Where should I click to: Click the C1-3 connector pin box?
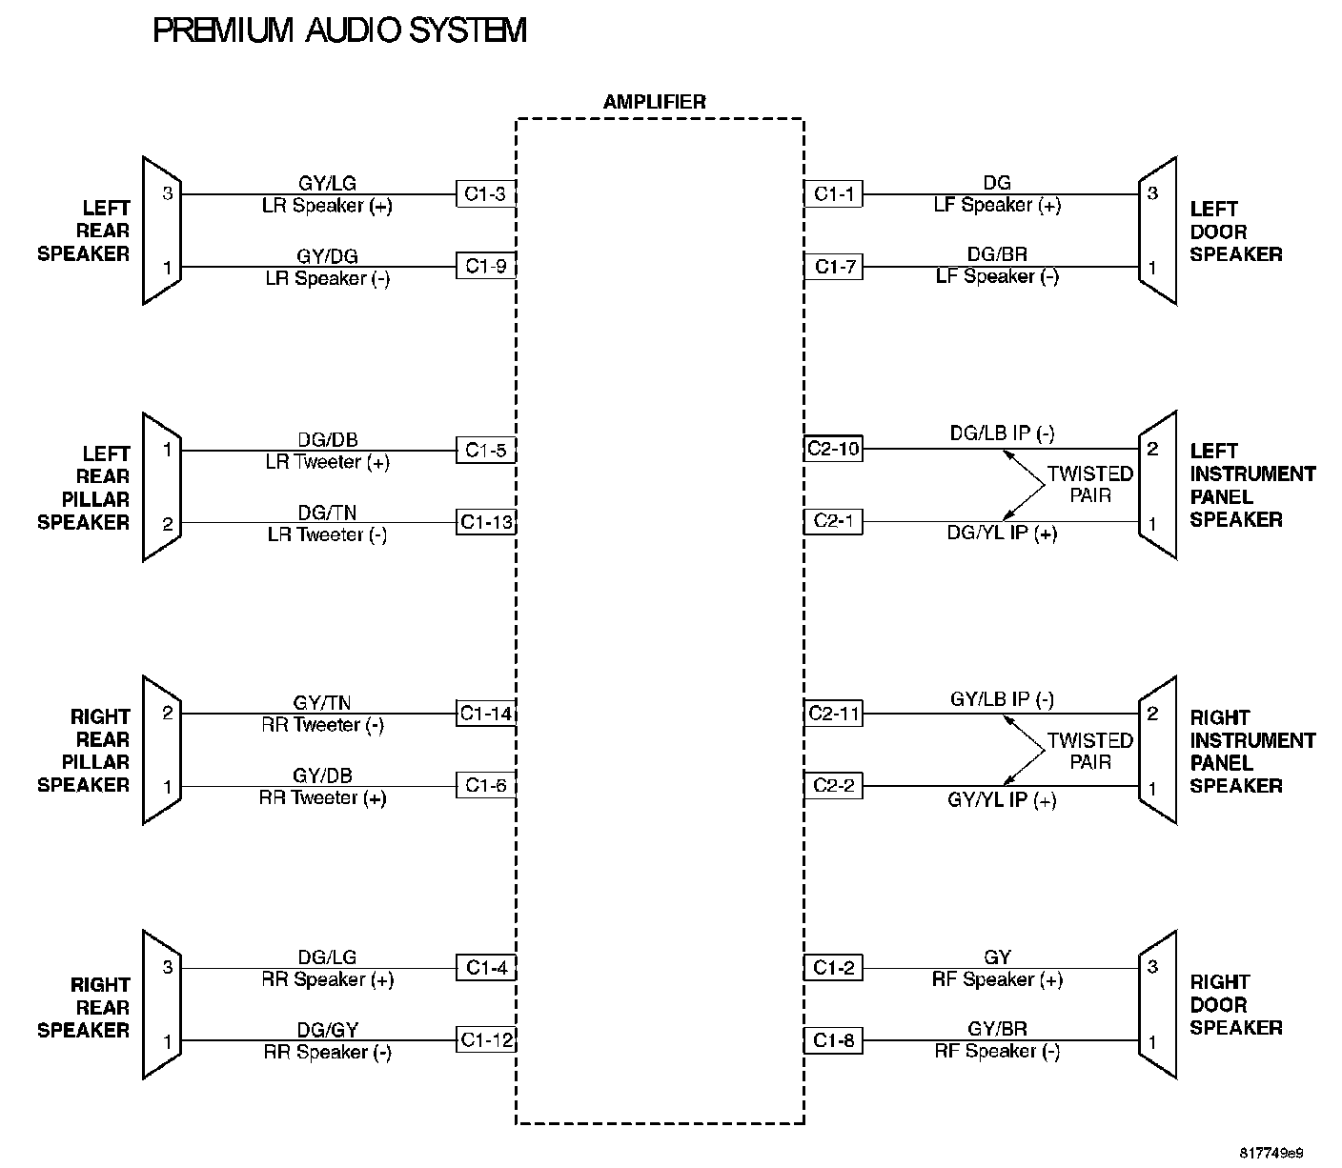(485, 194)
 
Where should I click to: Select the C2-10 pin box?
(833, 449)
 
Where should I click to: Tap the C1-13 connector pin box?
(485, 522)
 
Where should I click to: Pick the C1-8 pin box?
(833, 1040)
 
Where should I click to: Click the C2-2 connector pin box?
(833, 786)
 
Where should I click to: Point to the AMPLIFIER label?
(655, 102)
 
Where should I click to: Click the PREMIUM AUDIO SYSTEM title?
(339, 30)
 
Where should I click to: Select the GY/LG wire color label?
(327, 184)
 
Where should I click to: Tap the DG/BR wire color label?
(996, 255)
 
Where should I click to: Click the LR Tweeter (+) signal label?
(327, 462)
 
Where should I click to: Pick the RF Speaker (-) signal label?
(996, 1051)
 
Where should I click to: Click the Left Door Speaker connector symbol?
(1157, 231)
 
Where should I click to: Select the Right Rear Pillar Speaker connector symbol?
(162, 750)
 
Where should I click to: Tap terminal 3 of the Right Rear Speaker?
(168, 968)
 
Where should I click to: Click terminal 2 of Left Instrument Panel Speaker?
(1152, 449)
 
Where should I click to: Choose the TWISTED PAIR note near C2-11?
(1089, 751)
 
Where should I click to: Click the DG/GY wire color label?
(327, 1030)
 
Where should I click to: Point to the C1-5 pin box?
(485, 449)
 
